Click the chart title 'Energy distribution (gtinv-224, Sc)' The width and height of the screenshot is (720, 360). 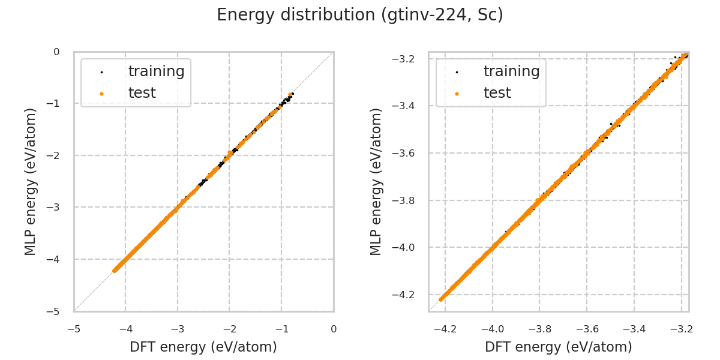(360, 15)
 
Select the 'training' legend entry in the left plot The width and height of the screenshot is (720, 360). (156, 71)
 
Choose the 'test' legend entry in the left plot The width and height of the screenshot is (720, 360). (142, 93)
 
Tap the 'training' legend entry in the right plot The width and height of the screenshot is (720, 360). (511, 71)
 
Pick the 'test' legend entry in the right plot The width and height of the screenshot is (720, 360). (497, 93)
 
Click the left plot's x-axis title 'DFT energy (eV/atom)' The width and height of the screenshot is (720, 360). (203, 347)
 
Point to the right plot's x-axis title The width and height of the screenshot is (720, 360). (559, 347)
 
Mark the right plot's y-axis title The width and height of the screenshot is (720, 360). (376, 181)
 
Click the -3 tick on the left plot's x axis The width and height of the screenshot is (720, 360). (177, 329)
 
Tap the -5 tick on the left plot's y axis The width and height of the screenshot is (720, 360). (56, 311)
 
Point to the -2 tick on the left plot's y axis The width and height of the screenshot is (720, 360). (56, 155)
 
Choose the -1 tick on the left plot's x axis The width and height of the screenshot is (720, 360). (281, 329)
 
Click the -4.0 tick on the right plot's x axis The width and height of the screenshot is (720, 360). (492, 329)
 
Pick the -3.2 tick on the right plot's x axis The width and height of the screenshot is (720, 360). (681, 329)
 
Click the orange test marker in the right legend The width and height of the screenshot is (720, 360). (457, 93)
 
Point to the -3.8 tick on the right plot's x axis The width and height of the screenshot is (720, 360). (539, 329)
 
